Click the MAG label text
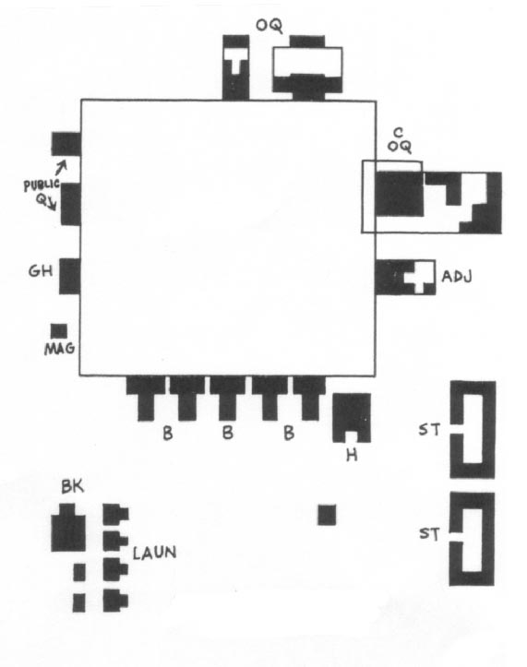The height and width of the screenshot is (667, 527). coord(60,349)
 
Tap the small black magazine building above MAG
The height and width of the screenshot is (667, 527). coord(59,331)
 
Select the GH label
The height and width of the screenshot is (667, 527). coord(41,271)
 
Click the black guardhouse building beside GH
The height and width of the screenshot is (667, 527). coord(69,276)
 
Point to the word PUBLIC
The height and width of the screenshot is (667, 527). coord(42,185)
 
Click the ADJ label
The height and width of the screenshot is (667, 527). coord(457,277)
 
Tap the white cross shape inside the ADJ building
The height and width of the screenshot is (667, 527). coord(418,278)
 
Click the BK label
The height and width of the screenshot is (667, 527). coord(72,486)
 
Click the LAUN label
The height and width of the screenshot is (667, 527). coord(154,553)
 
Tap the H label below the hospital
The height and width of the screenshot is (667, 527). coord(352,456)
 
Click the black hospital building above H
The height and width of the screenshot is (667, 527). coord(352,415)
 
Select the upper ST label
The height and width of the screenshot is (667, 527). coord(428,430)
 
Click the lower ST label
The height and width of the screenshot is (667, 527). coord(429,533)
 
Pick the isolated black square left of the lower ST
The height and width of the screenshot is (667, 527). coord(327,515)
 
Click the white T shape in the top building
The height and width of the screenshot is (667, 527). coord(236,60)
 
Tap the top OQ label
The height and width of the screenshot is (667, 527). coord(269,26)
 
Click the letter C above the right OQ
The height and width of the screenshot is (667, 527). coord(398,133)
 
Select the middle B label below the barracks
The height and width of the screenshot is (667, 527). coord(228,433)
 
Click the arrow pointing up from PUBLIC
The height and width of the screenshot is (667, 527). coord(62,167)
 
